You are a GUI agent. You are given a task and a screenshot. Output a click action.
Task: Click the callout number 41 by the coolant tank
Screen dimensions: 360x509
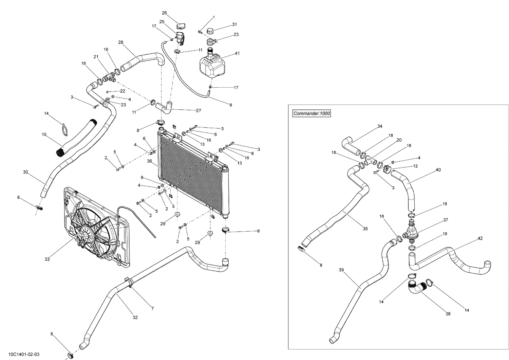click(x=237, y=53)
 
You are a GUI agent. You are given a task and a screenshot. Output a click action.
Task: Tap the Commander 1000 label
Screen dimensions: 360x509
click(x=312, y=113)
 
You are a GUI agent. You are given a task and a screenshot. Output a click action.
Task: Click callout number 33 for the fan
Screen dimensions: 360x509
click(x=47, y=259)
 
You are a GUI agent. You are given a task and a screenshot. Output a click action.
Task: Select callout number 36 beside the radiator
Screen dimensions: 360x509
click(x=149, y=162)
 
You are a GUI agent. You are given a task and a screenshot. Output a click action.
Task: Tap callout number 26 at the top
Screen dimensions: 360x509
click(x=164, y=13)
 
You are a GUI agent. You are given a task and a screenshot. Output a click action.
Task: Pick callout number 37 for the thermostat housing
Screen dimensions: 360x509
click(x=446, y=220)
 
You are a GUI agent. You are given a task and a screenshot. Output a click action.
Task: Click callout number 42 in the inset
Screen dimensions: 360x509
click(x=480, y=238)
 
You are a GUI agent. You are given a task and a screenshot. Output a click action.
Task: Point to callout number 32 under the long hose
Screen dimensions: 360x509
click(x=135, y=318)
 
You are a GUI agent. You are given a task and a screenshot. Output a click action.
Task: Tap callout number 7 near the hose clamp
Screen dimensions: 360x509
click(x=152, y=308)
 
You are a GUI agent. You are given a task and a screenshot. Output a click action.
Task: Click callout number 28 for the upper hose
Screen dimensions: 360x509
click(x=121, y=42)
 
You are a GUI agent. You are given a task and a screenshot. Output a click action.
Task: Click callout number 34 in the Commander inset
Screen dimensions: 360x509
click(x=380, y=126)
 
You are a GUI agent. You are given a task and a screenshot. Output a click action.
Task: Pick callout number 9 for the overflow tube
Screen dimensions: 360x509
click(x=230, y=105)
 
